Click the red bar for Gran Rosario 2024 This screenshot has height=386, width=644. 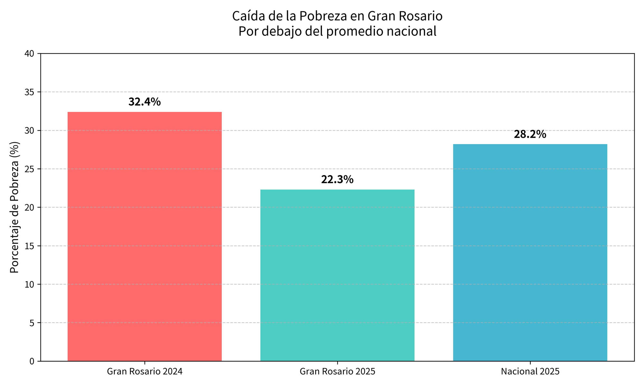[x=145, y=236]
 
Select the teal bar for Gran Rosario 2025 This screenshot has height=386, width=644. [x=337, y=275]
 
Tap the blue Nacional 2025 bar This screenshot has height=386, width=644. [x=530, y=253]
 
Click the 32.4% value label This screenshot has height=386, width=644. [x=145, y=102]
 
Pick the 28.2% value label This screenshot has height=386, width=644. [x=530, y=134]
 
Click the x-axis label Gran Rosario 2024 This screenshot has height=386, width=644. [x=145, y=372]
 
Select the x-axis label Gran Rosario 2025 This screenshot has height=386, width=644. [x=337, y=372]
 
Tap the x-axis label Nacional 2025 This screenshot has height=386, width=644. [x=530, y=372]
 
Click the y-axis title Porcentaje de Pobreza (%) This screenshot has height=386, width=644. [x=14, y=207]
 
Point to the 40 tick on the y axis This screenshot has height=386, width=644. [x=29, y=54]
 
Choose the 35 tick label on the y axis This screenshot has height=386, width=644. [x=29, y=92]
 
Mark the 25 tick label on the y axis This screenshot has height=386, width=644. [x=29, y=169]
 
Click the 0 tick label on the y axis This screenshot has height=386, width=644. [x=32, y=361]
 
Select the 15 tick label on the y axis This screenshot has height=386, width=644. [x=29, y=246]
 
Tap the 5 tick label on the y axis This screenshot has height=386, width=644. [x=32, y=323]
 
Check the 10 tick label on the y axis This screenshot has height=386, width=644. [x=29, y=284]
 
